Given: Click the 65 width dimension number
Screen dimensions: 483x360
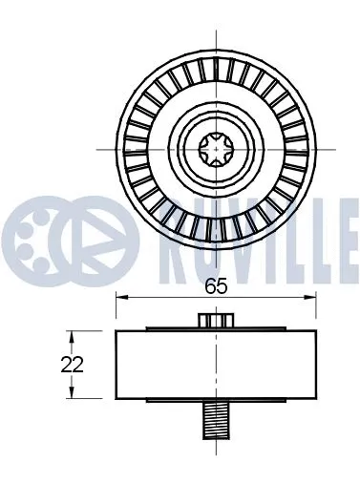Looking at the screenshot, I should pyautogui.click(x=216, y=283).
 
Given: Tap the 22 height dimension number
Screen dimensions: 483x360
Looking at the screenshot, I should pyautogui.click(x=72, y=364).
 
